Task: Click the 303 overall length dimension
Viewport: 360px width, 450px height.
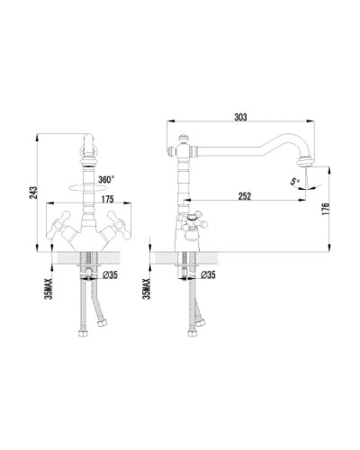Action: tap(239, 117)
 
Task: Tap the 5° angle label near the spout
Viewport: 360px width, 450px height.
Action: tap(294, 182)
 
